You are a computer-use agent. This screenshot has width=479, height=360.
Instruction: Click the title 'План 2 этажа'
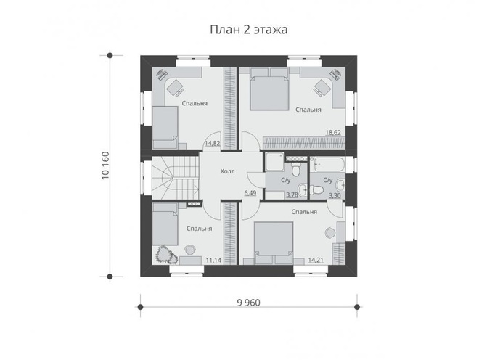click(249, 30)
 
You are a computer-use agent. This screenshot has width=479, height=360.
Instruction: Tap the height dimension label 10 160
click(105, 165)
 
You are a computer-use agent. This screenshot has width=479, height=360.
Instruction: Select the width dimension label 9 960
click(249, 303)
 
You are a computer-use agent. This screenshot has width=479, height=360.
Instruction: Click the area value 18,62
click(333, 133)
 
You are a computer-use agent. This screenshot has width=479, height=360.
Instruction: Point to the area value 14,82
click(213, 143)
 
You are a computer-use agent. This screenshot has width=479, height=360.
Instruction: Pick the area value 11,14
click(213, 261)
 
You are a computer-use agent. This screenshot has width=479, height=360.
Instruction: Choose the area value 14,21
click(316, 260)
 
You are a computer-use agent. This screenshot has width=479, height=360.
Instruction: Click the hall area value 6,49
click(250, 193)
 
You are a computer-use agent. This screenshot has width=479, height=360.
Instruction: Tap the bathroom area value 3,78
click(292, 195)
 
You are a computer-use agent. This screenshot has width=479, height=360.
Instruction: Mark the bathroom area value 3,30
click(335, 195)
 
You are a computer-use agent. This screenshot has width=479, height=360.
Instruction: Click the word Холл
click(228, 171)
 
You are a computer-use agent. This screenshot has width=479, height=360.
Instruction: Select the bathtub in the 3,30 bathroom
click(329, 165)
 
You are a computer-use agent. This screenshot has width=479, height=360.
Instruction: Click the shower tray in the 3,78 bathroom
click(275, 162)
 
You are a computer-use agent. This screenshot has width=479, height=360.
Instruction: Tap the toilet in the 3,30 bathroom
click(316, 189)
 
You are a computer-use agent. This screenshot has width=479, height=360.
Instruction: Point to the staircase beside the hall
click(176, 178)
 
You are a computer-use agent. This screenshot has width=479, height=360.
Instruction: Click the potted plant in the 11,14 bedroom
click(165, 254)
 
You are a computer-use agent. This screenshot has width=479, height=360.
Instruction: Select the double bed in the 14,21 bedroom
click(274, 242)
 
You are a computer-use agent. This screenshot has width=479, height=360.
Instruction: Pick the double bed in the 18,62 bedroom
click(269, 89)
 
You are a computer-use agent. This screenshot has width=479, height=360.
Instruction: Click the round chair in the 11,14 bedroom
click(190, 250)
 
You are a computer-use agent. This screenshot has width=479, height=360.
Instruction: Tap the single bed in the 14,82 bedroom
click(165, 128)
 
